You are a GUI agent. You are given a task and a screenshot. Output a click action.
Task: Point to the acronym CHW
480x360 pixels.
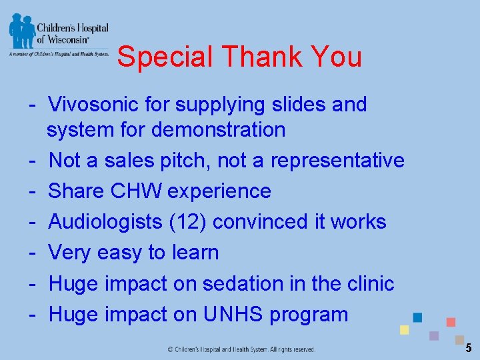[x=137, y=191]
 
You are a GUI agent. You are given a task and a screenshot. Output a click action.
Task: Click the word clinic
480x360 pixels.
[x=370, y=283]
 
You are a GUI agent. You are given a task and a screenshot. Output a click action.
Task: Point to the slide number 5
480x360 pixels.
[x=469, y=347]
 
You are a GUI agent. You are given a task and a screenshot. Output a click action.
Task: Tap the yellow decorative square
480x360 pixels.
[x=404, y=330]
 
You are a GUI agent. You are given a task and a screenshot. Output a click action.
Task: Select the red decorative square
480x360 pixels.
[x=451, y=322]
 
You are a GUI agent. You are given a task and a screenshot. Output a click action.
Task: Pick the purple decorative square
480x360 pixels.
[x=434, y=335]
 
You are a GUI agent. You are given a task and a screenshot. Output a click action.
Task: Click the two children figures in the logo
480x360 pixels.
[x=21, y=30]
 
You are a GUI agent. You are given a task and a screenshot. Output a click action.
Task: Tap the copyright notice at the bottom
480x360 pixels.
[x=241, y=349]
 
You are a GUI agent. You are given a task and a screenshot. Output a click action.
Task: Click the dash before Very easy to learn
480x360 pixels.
[x=31, y=253]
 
